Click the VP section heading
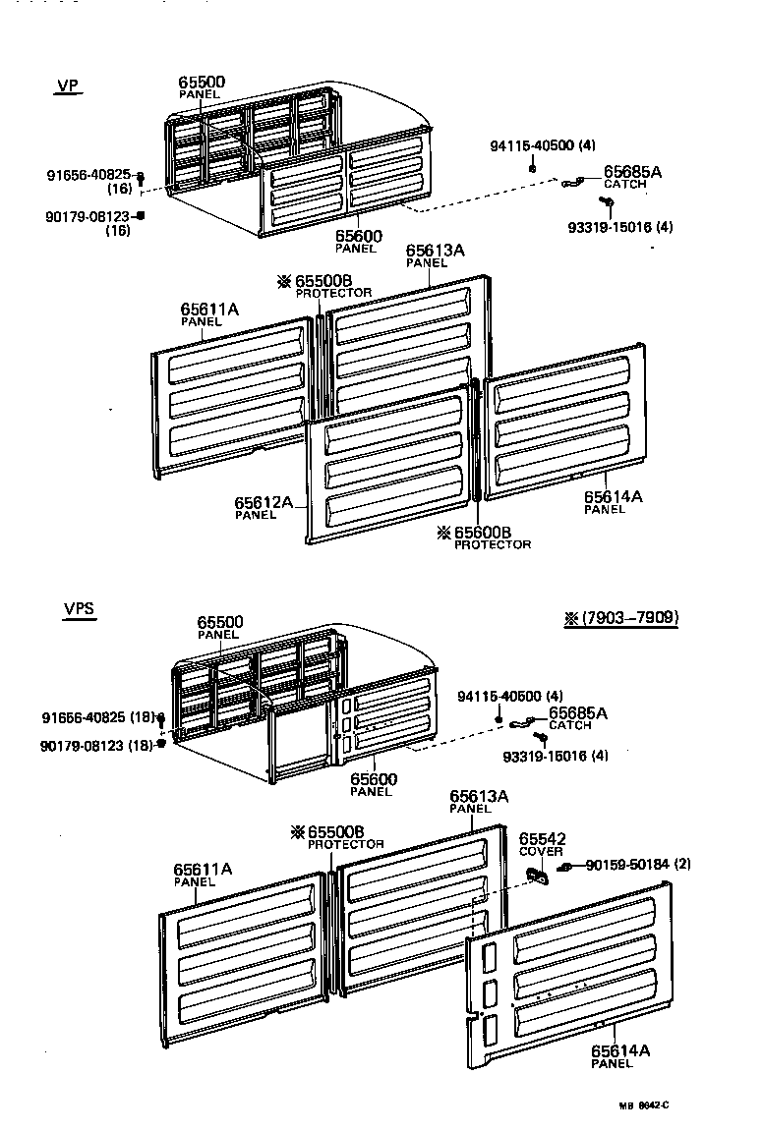[x=67, y=85]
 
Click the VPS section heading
[x=79, y=608]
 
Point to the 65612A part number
[x=263, y=503]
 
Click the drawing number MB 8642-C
[x=643, y=1105]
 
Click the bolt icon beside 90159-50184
[x=566, y=867]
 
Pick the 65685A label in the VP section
[x=632, y=171]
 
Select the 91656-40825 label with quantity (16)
[x=89, y=176]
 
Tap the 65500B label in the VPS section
[x=335, y=831]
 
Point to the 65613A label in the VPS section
[x=479, y=796]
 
